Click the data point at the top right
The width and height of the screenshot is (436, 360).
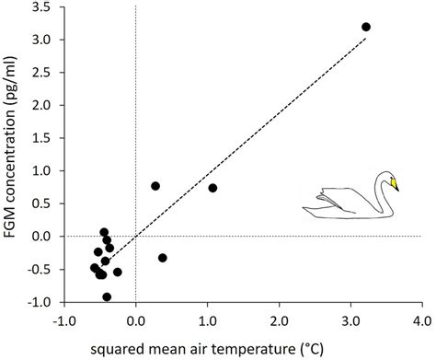click(x=366, y=27)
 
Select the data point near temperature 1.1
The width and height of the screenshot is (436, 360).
click(x=213, y=188)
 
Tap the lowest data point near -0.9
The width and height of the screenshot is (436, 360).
click(x=107, y=296)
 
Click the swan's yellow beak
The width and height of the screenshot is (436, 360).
click(x=395, y=183)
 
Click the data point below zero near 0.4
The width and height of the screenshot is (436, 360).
click(x=163, y=258)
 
